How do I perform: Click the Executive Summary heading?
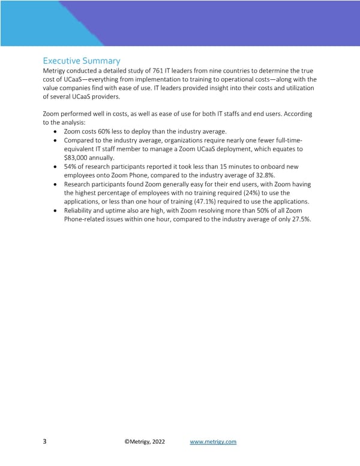click(x=82, y=61)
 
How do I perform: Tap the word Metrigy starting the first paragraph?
click(x=57, y=71)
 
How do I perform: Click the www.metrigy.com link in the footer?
click(x=213, y=442)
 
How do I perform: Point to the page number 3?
click(x=45, y=442)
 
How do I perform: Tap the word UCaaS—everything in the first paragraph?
click(x=84, y=80)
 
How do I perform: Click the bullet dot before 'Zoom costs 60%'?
click(x=56, y=132)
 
